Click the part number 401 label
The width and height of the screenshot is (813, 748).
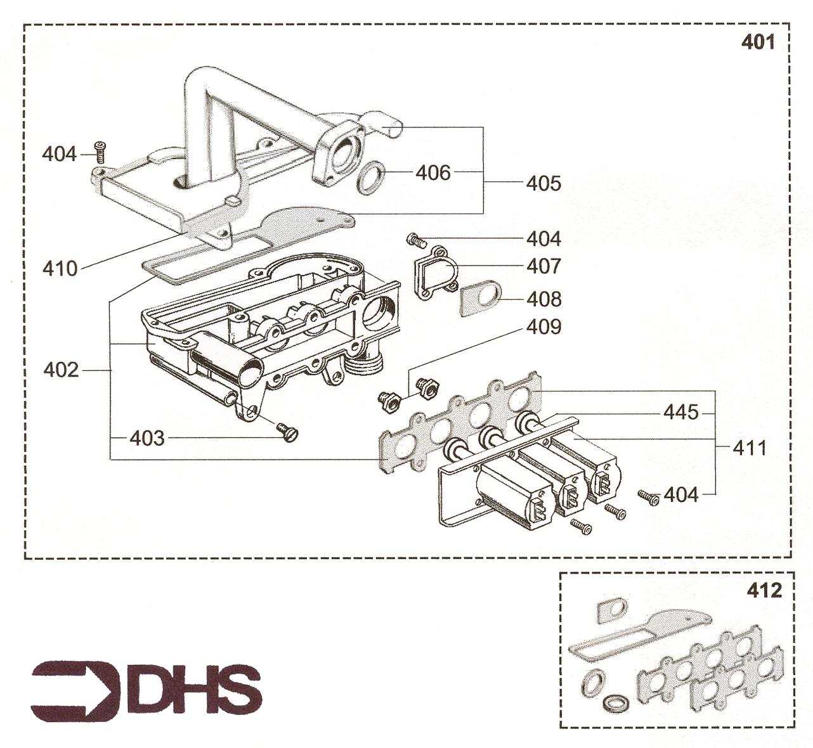pos(758,42)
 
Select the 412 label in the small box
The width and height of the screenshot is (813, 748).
pos(765,590)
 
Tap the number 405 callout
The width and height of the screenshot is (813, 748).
pos(543,183)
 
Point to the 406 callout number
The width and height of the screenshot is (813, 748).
pos(433,172)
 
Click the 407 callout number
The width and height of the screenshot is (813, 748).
pos(543,266)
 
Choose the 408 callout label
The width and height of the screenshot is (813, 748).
pos(543,299)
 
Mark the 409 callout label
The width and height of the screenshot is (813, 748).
pos(543,327)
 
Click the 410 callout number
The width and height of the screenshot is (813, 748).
pos(60,269)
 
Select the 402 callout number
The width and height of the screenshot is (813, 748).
pos(61,370)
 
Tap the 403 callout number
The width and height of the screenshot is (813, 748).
pos(147,438)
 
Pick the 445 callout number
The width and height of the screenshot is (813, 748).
pos(680,413)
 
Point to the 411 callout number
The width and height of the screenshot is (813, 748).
pos(750,448)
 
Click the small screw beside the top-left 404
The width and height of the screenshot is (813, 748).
pos(100,151)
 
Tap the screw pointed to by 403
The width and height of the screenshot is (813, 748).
pos(287,432)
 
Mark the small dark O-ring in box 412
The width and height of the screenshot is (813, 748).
pos(616,703)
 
